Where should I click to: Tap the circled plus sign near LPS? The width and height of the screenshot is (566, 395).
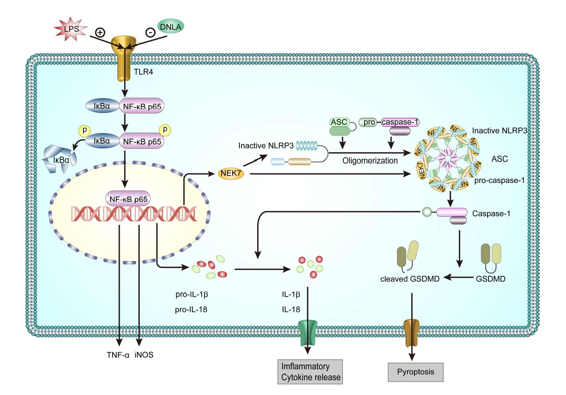click(x=100, y=33)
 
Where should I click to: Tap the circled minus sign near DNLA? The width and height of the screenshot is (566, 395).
click(x=150, y=33)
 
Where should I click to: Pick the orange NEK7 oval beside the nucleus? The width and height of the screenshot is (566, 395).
click(x=232, y=173)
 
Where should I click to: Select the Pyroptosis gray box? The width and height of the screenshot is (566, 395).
click(x=415, y=371)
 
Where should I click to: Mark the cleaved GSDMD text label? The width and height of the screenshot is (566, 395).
click(x=410, y=278)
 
